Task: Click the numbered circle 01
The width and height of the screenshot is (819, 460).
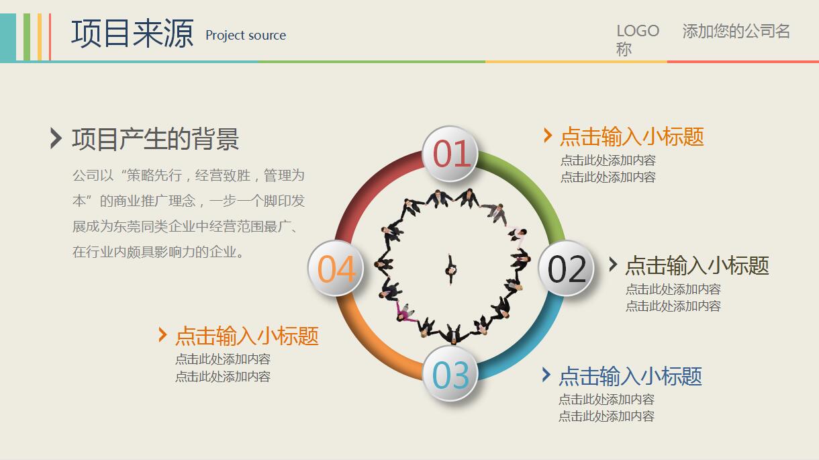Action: coord(450,154)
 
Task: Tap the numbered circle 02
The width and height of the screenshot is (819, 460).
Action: coord(567,269)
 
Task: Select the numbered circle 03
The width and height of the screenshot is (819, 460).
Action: coord(450,375)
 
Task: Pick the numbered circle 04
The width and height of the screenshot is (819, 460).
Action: coord(336,269)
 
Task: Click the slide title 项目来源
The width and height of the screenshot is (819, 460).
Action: coord(132,33)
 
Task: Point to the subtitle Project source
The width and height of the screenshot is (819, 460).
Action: coord(246,36)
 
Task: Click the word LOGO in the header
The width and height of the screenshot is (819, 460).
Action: coord(638,31)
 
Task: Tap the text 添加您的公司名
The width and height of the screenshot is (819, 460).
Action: coord(736,31)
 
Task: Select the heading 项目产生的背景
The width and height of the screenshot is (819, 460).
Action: coord(156,139)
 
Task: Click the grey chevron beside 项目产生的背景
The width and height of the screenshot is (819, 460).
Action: coord(56,138)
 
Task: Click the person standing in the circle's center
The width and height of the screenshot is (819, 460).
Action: coord(450,268)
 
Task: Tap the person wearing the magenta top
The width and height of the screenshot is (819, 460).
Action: coord(404,310)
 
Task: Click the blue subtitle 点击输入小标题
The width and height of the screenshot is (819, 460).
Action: coord(630,375)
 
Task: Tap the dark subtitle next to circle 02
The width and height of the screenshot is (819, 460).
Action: coord(697,265)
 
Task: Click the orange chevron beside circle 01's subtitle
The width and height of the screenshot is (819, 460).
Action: coord(548,136)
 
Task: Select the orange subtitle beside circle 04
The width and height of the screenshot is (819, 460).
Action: coord(247,335)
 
